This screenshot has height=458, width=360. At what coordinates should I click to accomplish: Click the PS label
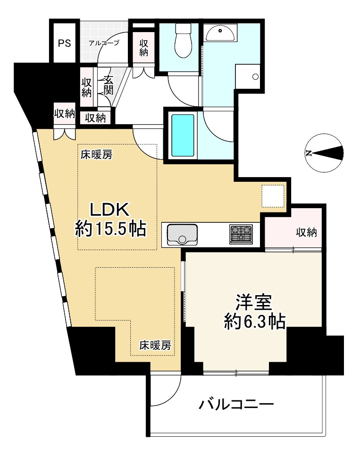pyautogui.click(x=64, y=44)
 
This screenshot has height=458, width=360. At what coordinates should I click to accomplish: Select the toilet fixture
pyautogui.click(x=182, y=40)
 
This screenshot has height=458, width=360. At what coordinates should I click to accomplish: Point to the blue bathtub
pyautogui.click(x=183, y=135)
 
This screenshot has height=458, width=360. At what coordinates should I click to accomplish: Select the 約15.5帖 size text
pyautogui.click(x=110, y=229)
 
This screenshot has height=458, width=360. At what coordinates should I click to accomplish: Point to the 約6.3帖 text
pyautogui.click(x=254, y=322)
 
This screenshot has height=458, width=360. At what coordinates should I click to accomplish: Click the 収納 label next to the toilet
pyautogui.click(x=143, y=47)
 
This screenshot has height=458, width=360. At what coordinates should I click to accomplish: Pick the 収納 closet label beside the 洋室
pyautogui.click(x=306, y=232)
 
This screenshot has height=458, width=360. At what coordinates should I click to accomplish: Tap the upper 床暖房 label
pyautogui.click(x=96, y=154)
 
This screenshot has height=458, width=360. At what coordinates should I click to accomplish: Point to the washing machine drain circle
pyautogui.click(x=255, y=76)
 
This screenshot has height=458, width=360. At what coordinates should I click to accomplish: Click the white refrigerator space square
pyautogui.click(x=273, y=196)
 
